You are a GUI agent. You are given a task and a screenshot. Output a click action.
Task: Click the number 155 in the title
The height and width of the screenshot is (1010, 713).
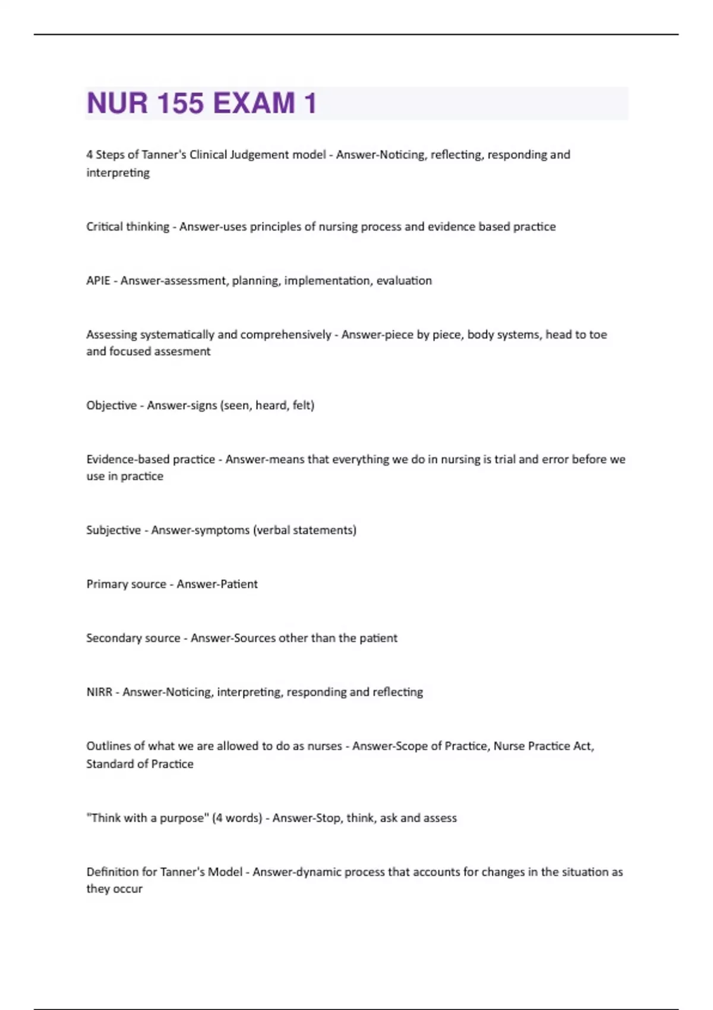point(181,103)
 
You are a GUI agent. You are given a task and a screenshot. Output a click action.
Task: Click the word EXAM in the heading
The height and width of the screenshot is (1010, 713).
point(254,103)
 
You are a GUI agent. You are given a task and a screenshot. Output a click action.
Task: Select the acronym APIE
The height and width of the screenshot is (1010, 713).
point(98,280)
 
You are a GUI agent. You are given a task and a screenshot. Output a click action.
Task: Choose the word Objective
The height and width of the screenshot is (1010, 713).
point(111,405)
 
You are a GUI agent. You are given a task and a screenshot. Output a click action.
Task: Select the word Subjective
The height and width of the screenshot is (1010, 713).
point(113,530)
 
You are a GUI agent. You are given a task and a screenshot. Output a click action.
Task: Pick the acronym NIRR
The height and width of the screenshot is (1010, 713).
point(99,692)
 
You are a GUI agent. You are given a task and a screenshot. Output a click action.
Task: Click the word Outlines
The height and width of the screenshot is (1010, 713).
point(107,746)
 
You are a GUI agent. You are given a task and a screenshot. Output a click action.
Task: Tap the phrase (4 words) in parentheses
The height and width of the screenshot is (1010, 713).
point(237,818)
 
